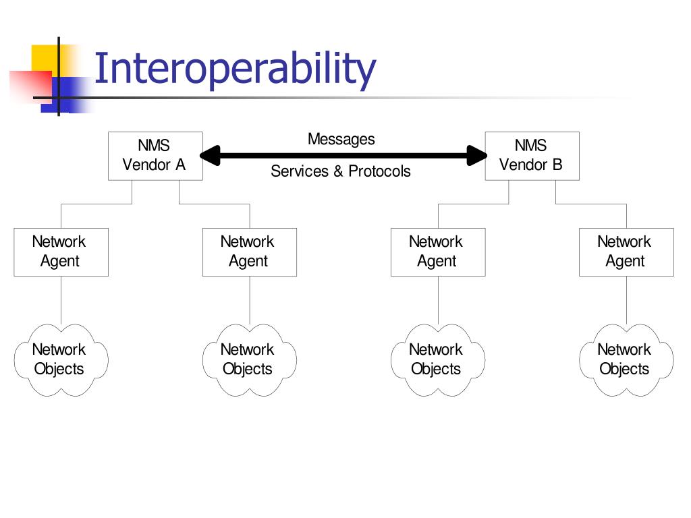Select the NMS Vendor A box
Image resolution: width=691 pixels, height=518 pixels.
click(x=155, y=156)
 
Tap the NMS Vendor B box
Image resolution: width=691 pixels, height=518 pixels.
click(x=532, y=156)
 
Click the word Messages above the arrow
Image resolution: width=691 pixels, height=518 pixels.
click(x=341, y=139)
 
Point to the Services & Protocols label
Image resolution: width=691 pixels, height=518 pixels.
click(x=341, y=171)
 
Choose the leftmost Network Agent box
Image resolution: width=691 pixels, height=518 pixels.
click(x=61, y=252)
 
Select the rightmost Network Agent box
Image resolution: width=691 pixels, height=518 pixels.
click(x=626, y=252)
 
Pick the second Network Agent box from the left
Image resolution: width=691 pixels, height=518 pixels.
click(x=249, y=252)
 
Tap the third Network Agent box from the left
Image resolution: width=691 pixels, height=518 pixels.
click(x=437, y=252)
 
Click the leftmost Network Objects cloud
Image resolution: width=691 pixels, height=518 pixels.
click(x=61, y=359)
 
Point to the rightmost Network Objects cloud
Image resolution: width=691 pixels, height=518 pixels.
click(x=626, y=359)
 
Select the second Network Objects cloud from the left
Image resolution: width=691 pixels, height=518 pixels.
click(x=249, y=359)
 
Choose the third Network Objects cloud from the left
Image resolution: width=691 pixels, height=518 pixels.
click(x=437, y=359)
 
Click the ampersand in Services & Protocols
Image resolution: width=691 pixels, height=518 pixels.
click(x=338, y=171)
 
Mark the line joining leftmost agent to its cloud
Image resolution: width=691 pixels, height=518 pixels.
click(x=61, y=300)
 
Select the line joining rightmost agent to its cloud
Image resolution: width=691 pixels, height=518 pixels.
click(x=626, y=300)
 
